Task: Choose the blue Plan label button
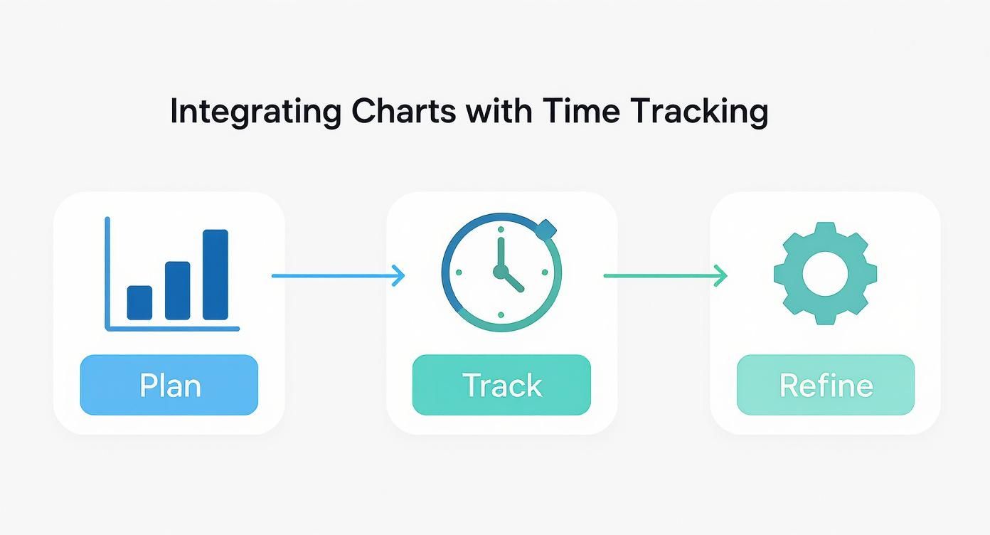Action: coord(169,385)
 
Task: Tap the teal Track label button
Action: coord(501,385)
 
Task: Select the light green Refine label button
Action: coord(826,385)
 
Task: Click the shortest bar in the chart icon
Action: coord(139,302)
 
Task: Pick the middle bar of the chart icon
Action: coord(178,290)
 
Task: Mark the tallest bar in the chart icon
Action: coord(215,275)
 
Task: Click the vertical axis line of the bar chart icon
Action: coord(107,273)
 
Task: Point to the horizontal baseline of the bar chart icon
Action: coord(173,329)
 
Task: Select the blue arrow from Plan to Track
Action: coord(338,275)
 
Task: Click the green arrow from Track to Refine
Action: coord(665,275)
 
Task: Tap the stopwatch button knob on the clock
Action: coord(546,229)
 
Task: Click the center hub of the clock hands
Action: coord(501,272)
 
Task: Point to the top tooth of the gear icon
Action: coord(825,230)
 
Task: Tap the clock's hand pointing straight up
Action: coord(501,253)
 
